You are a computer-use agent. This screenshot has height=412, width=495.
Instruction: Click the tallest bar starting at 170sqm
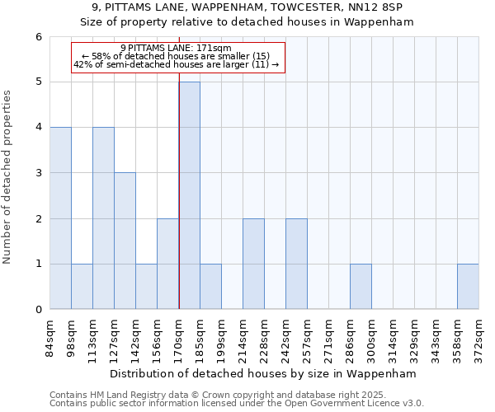click(189, 195)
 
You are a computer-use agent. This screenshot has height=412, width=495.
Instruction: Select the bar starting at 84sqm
click(60, 218)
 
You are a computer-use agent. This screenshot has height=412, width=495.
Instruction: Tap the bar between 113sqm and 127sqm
click(103, 218)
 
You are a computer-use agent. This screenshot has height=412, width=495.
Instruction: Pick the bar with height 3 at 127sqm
click(125, 241)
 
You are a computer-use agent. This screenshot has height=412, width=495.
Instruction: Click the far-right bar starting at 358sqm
click(468, 287)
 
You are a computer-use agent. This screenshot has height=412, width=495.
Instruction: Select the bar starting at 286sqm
click(361, 287)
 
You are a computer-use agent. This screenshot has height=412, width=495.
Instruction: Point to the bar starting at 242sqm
click(296, 264)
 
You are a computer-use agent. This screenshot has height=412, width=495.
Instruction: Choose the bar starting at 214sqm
click(253, 264)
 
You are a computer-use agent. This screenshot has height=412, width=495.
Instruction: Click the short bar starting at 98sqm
click(82, 287)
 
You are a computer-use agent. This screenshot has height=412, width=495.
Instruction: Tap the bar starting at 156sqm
click(167, 264)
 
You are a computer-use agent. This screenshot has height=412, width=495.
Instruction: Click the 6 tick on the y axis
click(38, 37)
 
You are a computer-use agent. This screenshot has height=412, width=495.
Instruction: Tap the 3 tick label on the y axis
click(38, 173)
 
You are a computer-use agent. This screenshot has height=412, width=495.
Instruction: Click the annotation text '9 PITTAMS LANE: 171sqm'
click(176, 48)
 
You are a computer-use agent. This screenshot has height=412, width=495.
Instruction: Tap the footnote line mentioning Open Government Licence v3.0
click(237, 404)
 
